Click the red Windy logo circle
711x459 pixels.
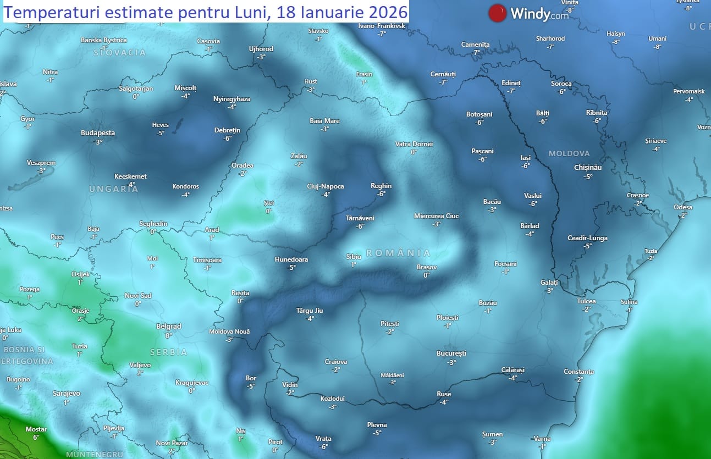click(x=497, y=13)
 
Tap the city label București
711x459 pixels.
click(x=451, y=353)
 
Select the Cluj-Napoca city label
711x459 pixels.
click(x=326, y=186)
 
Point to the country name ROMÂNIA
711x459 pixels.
click(x=398, y=253)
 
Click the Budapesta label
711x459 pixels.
click(x=98, y=132)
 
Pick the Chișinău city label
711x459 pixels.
click(x=588, y=167)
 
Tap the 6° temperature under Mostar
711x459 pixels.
click(x=36, y=438)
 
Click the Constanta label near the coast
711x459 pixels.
click(x=578, y=372)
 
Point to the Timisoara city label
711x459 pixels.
click(x=207, y=259)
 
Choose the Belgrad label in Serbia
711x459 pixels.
click(x=169, y=326)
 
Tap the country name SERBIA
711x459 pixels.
click(x=169, y=352)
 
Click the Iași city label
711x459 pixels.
click(x=526, y=158)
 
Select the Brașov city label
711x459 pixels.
click(x=427, y=267)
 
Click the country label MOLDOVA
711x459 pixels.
click(x=569, y=153)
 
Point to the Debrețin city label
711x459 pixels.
click(x=227, y=130)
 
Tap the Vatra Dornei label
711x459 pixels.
click(x=414, y=144)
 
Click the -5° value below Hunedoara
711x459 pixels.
click(x=291, y=268)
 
